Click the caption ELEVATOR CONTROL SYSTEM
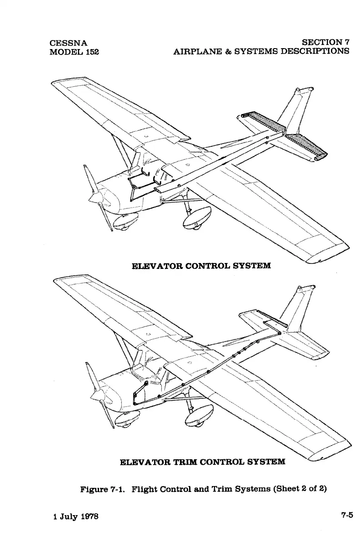tap(201, 265)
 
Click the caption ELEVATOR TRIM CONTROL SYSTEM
tap(202, 462)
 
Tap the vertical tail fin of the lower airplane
tap(300, 309)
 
